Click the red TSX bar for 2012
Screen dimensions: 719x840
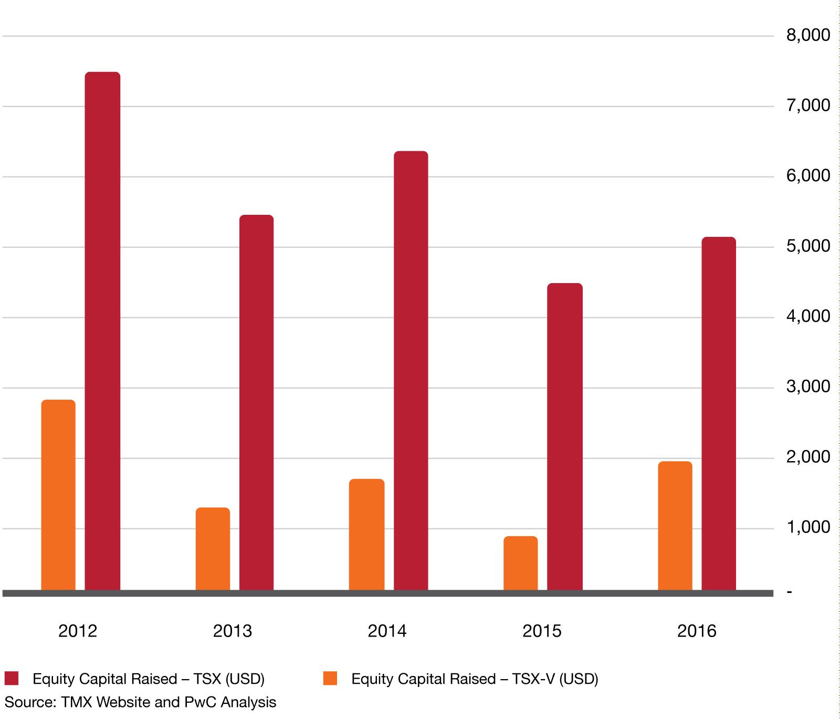(x=102, y=331)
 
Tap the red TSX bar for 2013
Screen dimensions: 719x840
(x=256, y=402)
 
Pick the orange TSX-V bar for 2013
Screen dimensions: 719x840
(x=213, y=549)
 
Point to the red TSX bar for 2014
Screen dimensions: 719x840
(x=411, y=370)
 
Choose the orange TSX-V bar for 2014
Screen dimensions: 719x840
(x=366, y=535)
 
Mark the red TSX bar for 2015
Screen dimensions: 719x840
(x=565, y=436)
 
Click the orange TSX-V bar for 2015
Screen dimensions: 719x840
(x=520, y=563)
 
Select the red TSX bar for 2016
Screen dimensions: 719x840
(x=719, y=413)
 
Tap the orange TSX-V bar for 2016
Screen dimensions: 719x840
(x=675, y=526)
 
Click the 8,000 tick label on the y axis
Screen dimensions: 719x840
(x=808, y=35)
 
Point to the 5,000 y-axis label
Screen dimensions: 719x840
(x=808, y=246)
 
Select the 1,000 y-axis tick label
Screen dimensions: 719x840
(x=808, y=527)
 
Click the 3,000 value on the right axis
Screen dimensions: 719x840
(x=808, y=387)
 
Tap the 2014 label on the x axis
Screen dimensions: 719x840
(x=387, y=631)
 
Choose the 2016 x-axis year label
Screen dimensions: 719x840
(x=696, y=631)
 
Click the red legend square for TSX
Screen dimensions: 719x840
(x=12, y=678)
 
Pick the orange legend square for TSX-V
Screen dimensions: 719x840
(x=330, y=678)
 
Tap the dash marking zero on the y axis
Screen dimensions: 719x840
(x=789, y=592)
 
